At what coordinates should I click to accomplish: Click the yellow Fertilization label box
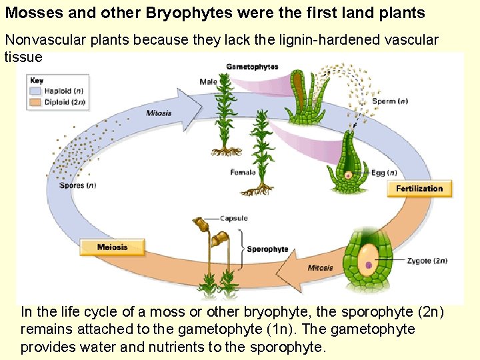pyautogui.click(x=419, y=189)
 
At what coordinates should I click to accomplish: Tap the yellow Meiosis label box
pyautogui.click(x=112, y=247)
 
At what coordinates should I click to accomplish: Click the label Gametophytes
pyautogui.click(x=252, y=67)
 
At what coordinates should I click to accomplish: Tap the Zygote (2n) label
pyautogui.click(x=427, y=261)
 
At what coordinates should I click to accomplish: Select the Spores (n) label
pyautogui.click(x=78, y=185)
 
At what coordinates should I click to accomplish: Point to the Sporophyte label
pyautogui.click(x=267, y=249)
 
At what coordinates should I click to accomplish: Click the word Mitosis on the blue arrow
pyautogui.click(x=159, y=113)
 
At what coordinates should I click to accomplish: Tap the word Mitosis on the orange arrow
pyautogui.click(x=320, y=268)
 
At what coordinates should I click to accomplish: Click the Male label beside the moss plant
pyautogui.click(x=208, y=82)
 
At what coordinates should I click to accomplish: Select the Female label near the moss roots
pyautogui.click(x=243, y=173)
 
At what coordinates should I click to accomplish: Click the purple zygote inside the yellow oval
pyautogui.click(x=369, y=265)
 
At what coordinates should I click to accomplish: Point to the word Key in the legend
pyautogui.click(x=36, y=80)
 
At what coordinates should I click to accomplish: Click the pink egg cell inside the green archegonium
pyautogui.click(x=348, y=175)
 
